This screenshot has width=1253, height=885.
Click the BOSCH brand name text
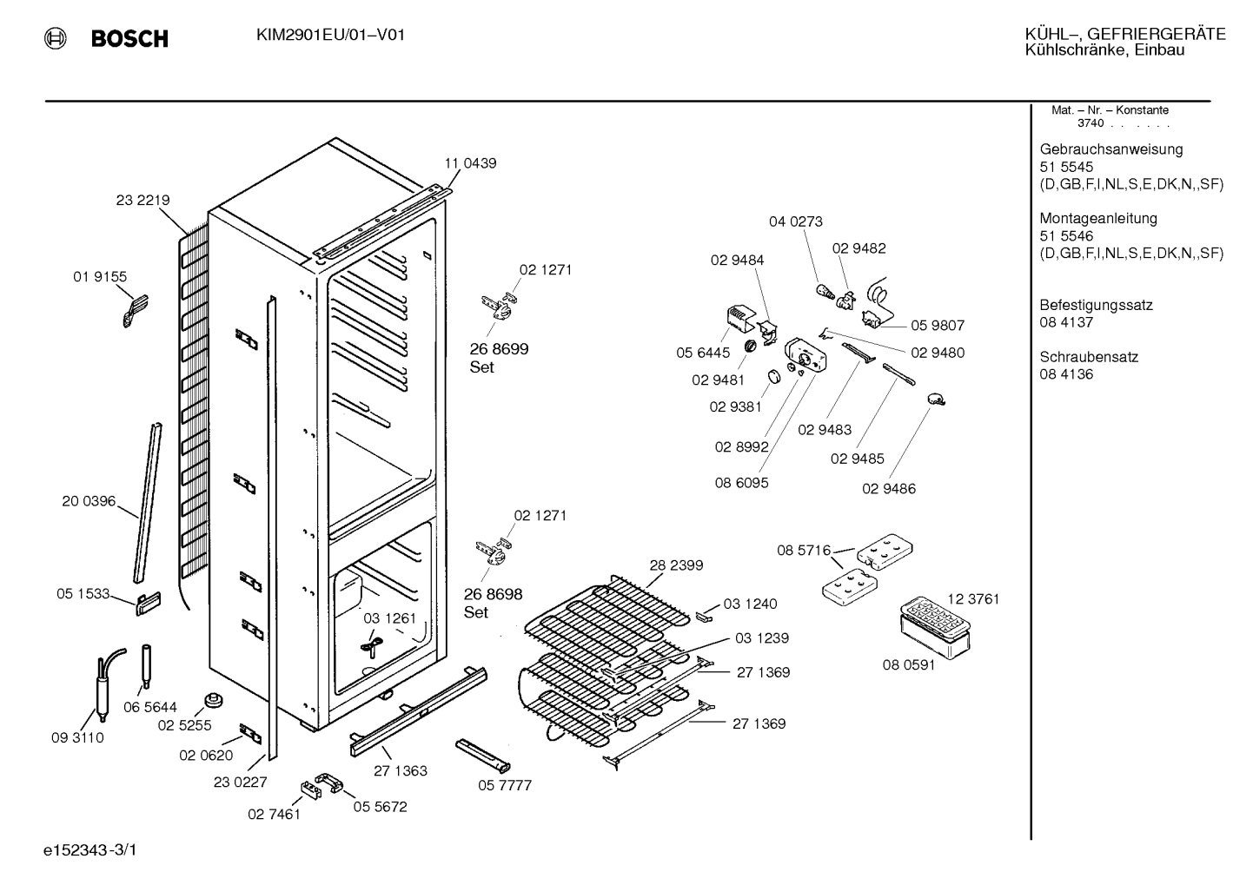pos(129,38)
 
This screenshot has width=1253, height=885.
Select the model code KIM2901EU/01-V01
pos(330,36)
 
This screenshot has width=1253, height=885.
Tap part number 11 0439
pos(470,163)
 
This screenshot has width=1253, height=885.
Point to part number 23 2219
pos(143,200)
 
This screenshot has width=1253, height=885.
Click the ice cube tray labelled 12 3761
pos(935,618)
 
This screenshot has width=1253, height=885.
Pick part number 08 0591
pos(909,664)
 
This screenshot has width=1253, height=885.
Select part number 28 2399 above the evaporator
pos(676,565)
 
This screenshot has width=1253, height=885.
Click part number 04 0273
pos(795,222)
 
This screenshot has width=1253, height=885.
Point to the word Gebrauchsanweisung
pos(1110,149)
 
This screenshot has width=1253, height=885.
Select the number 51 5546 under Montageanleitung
pos(1066,236)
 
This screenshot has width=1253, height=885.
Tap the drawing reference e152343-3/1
pos(90,850)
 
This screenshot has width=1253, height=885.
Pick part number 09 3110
pos(77,738)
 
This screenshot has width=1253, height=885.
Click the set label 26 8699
pos(499,349)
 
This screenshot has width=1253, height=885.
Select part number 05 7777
pos(505,785)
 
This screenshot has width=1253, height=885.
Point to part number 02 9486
pos(889,489)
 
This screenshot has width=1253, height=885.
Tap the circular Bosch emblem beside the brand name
pos(56,38)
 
